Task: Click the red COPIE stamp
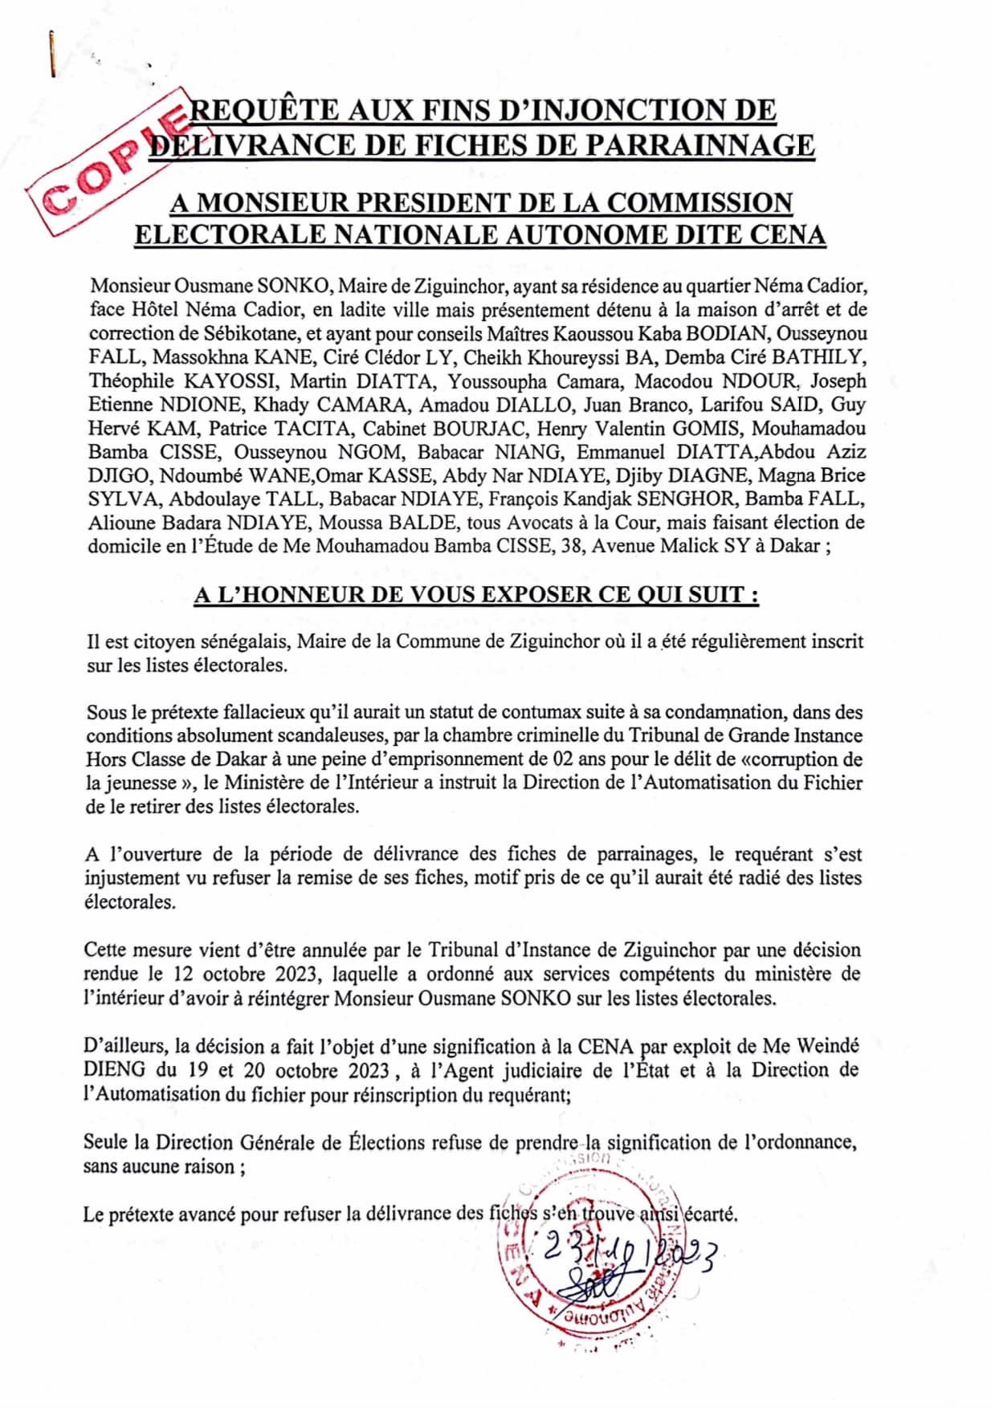[x=112, y=165]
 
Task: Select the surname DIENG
[x=115, y=1070]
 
